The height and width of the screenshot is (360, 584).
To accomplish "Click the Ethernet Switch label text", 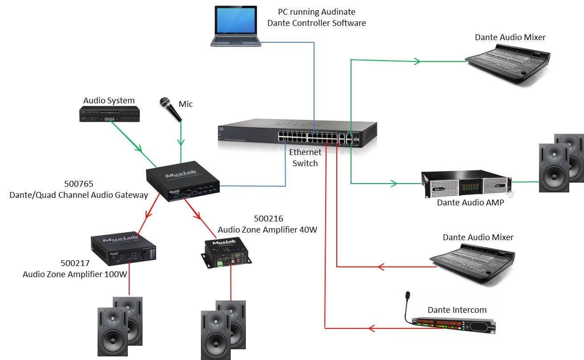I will (x=305, y=158).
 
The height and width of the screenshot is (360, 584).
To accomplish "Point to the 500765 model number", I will (x=78, y=184).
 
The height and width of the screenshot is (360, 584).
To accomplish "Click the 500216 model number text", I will (x=269, y=219).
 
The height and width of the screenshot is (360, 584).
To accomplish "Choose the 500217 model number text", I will (x=75, y=263).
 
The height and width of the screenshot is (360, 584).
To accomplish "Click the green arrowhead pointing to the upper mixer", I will (x=417, y=61).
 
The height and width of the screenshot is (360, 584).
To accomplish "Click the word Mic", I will (x=186, y=104).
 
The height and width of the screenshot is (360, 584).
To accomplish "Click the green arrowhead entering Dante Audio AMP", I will (x=393, y=183).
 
